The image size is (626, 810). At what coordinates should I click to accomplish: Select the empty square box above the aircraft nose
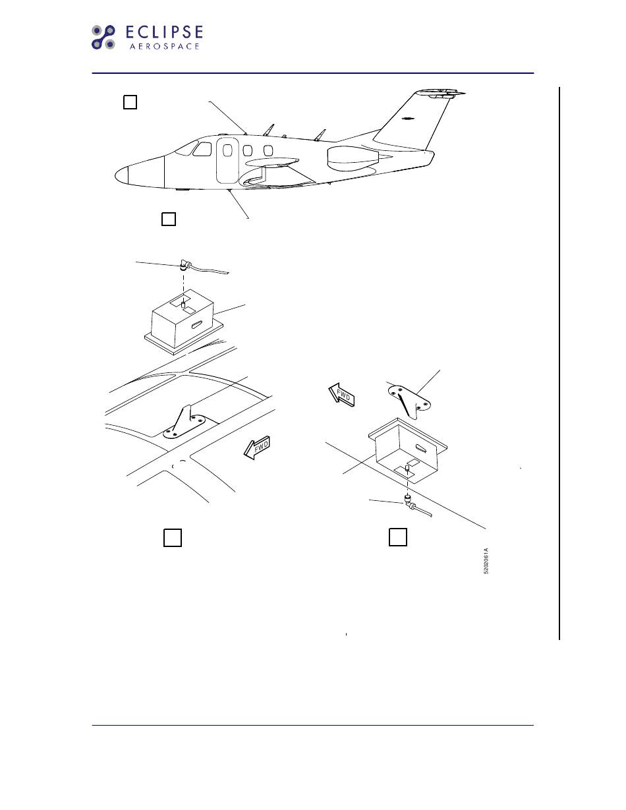point(130,102)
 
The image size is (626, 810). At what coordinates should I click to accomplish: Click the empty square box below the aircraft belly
point(168,219)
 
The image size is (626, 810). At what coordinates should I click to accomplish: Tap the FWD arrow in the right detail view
point(342,396)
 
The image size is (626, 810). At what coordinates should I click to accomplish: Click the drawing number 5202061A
point(486,561)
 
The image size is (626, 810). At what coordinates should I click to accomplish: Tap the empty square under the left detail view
point(172,537)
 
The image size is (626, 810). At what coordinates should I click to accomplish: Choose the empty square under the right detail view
point(397,536)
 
